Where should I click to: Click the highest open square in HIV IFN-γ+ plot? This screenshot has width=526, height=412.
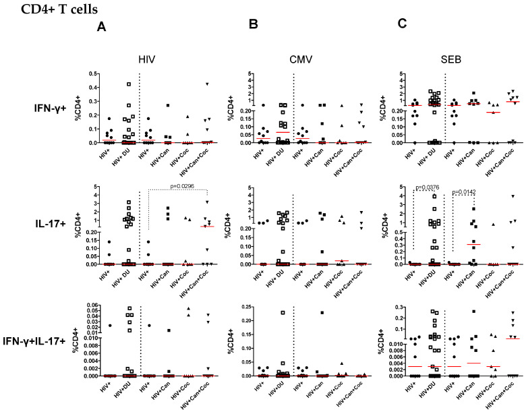[x=128, y=84]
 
